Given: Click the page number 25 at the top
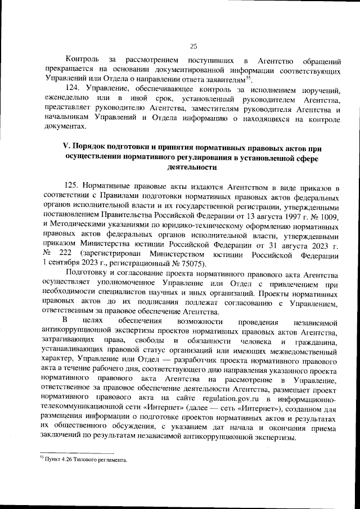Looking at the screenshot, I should click(x=193, y=46).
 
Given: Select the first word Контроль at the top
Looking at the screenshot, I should click(x=83, y=59).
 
